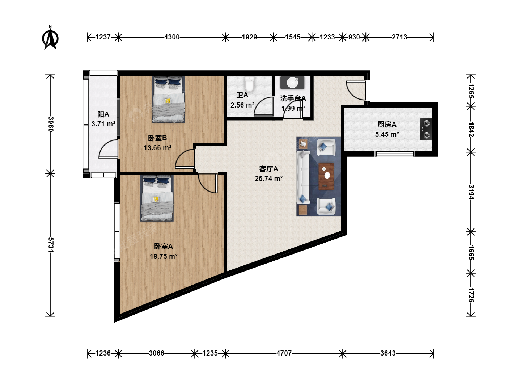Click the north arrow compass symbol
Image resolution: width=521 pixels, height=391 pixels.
50,38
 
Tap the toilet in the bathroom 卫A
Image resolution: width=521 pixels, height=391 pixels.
249,84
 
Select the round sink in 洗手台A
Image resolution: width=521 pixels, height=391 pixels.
292,83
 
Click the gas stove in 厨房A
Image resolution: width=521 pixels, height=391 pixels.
426,129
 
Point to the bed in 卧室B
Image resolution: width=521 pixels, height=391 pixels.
168,100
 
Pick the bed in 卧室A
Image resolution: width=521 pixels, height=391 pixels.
157,198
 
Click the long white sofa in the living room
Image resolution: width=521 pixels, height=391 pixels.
303,177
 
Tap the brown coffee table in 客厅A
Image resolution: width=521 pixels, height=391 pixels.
326,176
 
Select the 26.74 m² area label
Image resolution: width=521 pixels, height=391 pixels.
269,178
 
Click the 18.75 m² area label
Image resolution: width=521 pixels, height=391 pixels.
164,256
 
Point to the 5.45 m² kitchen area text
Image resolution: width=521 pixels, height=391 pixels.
387,134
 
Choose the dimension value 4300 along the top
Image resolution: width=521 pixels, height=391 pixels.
172,37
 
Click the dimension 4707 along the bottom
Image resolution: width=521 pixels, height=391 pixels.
284,353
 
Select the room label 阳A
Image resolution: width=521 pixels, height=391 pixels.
103,114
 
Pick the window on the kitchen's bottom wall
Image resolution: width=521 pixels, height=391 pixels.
395,154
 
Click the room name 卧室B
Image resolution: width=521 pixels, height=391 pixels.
157,138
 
